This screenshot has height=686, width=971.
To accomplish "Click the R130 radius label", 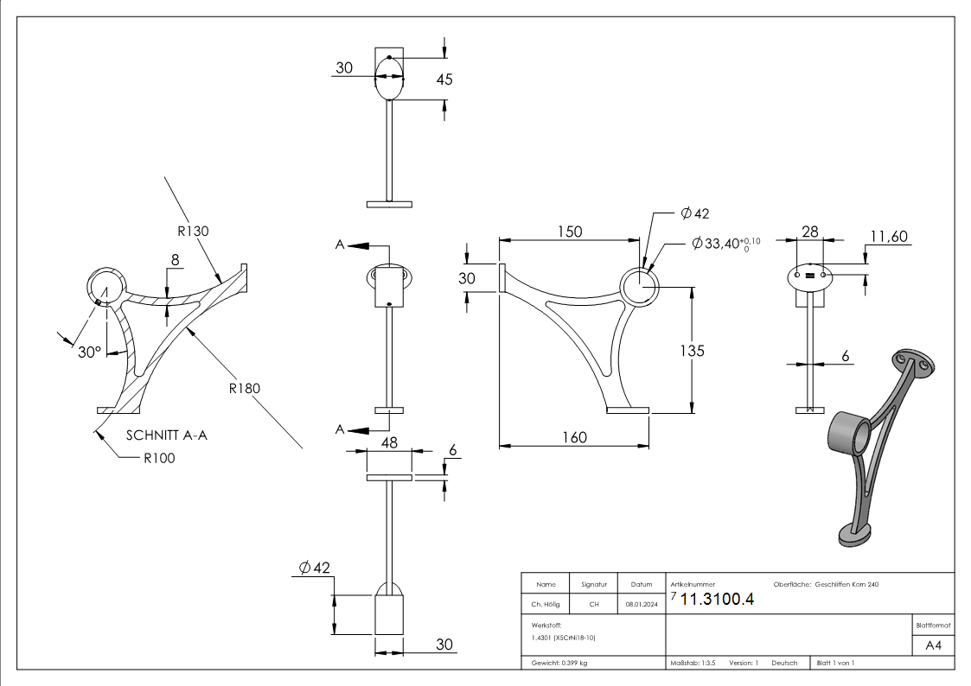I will point(194,231).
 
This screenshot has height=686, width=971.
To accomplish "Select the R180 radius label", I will point(245,388).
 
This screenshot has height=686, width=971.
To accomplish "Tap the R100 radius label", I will point(159,458).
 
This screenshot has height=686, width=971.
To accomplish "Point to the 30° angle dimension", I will point(89,353).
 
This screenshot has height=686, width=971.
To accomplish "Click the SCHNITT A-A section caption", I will point(167,435).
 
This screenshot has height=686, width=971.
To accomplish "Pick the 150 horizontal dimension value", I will point(569,232).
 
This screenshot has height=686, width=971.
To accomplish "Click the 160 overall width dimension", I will point(573,437).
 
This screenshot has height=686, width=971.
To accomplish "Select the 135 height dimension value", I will point(692,350).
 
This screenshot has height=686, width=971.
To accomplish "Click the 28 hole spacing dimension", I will point(809,231).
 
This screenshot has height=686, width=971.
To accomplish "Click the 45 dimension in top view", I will point(444,79).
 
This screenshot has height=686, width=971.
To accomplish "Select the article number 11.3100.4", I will point(717,600).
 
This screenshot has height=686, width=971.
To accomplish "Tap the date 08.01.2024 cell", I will point(642,606).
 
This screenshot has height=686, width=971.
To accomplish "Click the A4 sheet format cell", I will point(934,645).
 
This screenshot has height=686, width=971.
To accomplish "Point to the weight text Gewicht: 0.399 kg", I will point(560,663).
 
